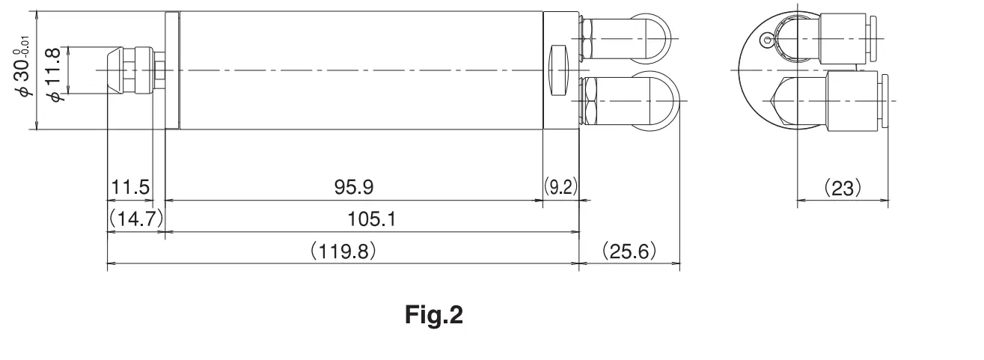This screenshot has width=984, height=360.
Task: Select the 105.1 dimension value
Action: (372, 219)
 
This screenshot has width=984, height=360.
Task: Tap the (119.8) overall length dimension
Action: (343, 251)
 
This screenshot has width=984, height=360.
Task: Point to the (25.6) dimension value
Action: (629, 251)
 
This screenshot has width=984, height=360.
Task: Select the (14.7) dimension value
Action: (135, 219)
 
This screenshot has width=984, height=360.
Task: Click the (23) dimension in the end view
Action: (843, 187)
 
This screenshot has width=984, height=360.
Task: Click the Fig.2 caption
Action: (434, 315)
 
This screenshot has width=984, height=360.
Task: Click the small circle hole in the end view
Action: (765, 39)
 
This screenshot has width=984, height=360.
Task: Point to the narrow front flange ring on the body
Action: (172, 70)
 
